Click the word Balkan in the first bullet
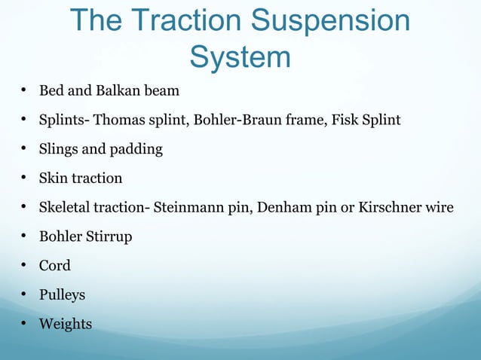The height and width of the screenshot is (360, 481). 121,91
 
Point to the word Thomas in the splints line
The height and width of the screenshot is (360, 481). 119,121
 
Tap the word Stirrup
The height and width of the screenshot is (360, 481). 109,236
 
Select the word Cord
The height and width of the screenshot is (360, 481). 55,266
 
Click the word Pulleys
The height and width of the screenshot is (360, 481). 62,295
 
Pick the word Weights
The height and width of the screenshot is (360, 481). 66,324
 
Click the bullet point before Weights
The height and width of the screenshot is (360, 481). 24,324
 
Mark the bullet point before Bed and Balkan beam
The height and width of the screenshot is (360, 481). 24,91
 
